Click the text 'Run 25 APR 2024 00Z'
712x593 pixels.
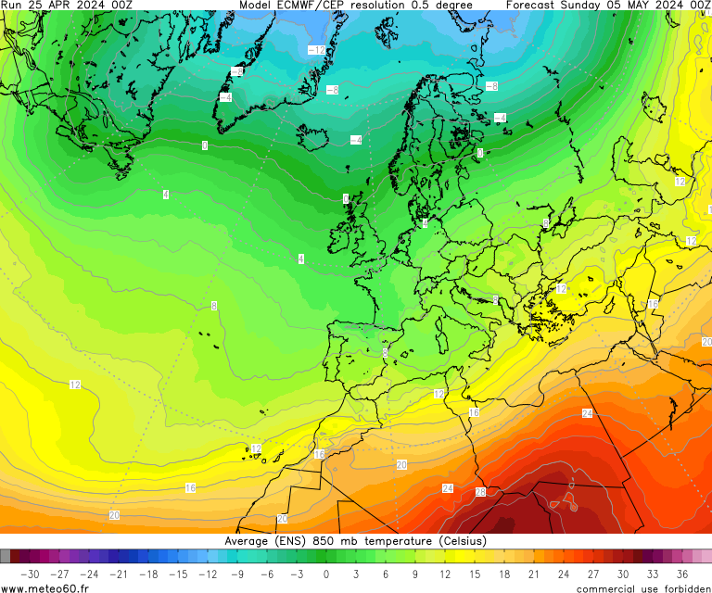point(66,6)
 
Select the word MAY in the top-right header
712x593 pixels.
point(643,6)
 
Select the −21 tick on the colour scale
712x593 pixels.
point(118,574)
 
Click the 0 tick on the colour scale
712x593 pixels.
point(326,574)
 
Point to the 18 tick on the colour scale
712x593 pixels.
point(504,574)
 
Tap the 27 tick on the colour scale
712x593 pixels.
point(593,574)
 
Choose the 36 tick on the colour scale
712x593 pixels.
point(682,574)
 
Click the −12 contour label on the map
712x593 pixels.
point(316,50)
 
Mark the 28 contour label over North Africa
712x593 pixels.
point(480,492)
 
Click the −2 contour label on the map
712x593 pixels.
point(237,71)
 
